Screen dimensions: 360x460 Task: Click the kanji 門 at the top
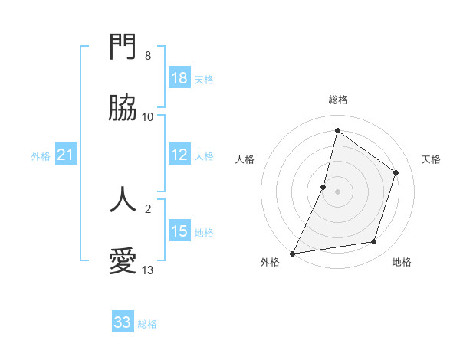click(x=123, y=47)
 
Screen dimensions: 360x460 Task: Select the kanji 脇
click(x=123, y=110)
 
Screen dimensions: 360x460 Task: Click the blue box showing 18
click(x=179, y=78)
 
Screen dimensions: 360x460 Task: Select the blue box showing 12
click(x=179, y=155)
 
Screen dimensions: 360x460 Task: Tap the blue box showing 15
click(x=179, y=231)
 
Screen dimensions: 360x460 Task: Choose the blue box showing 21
click(x=66, y=155)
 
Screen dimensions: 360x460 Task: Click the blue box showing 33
click(x=123, y=322)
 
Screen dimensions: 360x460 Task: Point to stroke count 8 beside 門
click(x=148, y=56)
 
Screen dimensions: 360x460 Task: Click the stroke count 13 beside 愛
click(x=148, y=270)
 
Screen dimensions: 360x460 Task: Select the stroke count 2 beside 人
click(x=148, y=208)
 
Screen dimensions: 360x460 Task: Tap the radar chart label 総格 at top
click(x=338, y=100)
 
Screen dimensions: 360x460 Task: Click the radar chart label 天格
click(x=431, y=159)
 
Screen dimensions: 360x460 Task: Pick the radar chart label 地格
click(x=402, y=262)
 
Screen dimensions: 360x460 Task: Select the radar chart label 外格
click(x=270, y=262)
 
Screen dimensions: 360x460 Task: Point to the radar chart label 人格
click(x=245, y=159)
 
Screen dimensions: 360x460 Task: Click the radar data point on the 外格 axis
click(x=293, y=253)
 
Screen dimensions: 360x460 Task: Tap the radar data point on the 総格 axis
click(x=337, y=130)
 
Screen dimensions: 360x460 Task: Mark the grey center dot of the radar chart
click(x=337, y=191)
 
